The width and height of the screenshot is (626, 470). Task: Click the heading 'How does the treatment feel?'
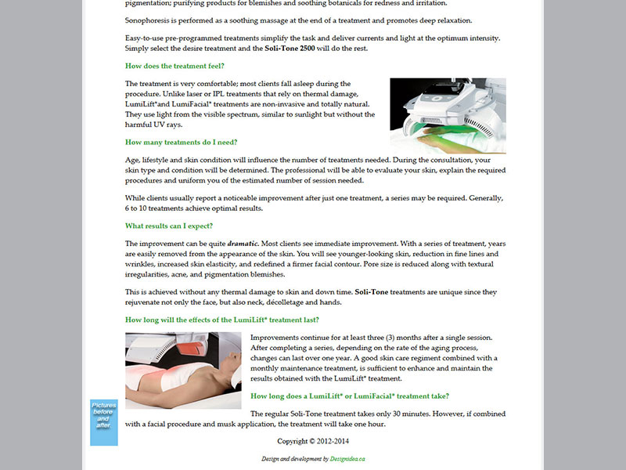[x=174, y=67]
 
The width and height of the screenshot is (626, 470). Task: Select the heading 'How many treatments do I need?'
[x=176, y=142]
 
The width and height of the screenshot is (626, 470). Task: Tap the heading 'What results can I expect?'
[x=168, y=226]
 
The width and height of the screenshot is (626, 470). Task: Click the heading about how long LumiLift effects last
[x=222, y=320]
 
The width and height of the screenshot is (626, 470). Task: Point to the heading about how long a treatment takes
[x=349, y=396]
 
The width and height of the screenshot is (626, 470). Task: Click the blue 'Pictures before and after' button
[x=103, y=422]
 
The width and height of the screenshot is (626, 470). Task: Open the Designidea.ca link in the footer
[x=347, y=459]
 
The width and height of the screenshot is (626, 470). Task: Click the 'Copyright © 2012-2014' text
[x=313, y=441]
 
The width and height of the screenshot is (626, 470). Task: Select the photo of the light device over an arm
[x=448, y=115]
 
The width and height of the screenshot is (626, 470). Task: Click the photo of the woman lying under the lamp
[x=183, y=370]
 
